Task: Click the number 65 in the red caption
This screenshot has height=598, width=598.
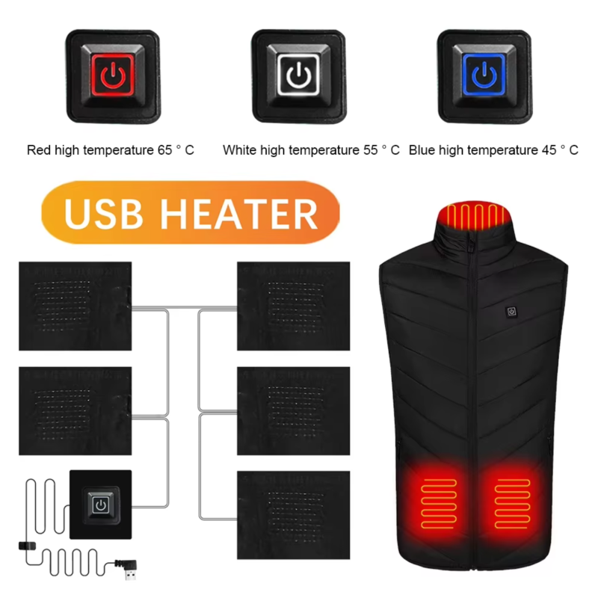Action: point(164,150)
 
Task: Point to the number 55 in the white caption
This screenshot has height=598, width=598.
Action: point(370,150)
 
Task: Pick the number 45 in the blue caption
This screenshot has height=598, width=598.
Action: point(549,150)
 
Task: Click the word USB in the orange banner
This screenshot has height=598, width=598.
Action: point(103,214)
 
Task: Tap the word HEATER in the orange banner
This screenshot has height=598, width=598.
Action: point(239,214)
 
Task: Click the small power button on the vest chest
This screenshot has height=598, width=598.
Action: point(511,312)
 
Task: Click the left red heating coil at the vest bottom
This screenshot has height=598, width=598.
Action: point(439,504)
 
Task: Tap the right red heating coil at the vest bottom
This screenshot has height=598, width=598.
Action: point(512,504)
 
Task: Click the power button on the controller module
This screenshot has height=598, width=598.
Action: point(101,505)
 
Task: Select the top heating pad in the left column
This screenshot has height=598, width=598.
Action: point(75,306)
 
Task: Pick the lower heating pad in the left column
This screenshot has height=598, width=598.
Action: point(75,410)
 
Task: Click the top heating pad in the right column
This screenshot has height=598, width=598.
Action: point(293,306)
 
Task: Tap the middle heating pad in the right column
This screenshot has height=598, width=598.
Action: point(293,410)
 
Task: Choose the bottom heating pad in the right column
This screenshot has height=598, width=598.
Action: point(293,515)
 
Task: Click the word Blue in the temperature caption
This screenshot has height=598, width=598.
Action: point(422,150)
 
